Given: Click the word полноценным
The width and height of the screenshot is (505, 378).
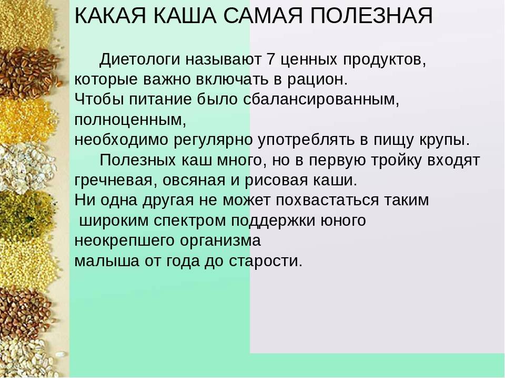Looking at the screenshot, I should (130, 120).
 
